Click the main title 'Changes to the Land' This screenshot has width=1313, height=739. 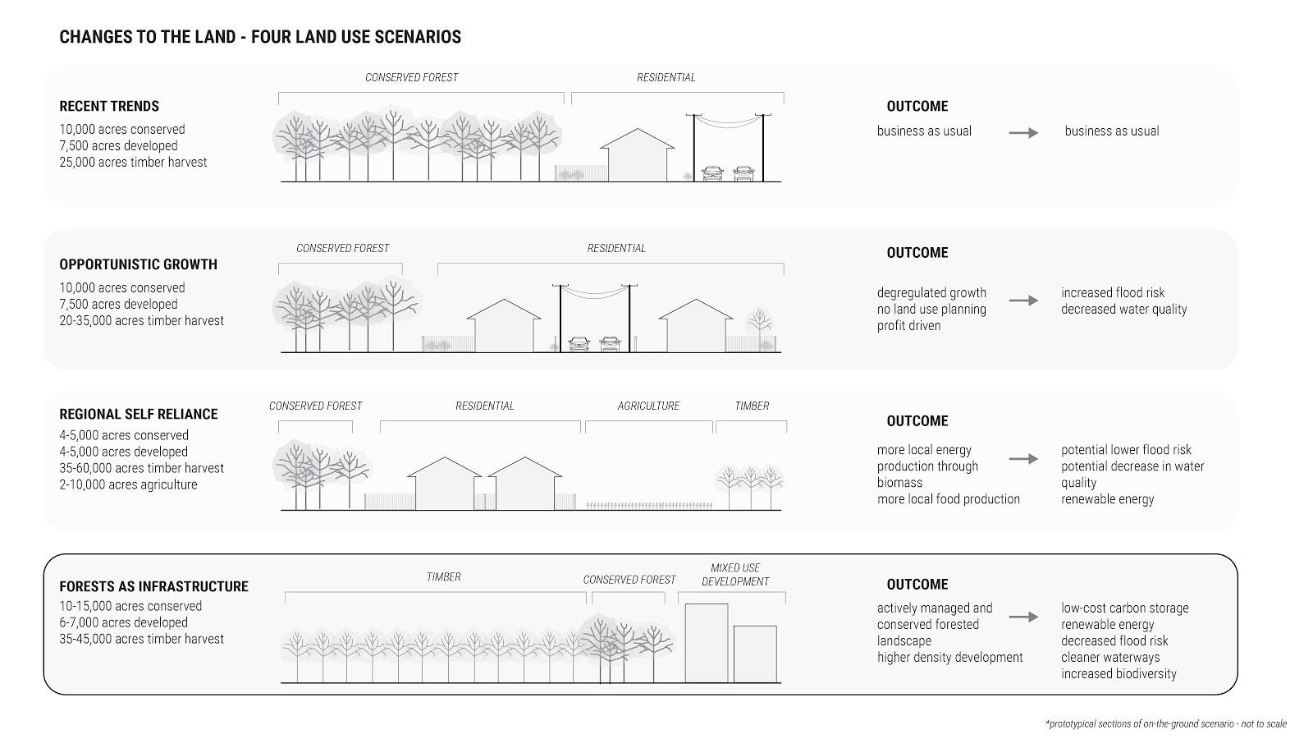coord(260,37)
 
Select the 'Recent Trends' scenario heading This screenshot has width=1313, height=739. coord(109,106)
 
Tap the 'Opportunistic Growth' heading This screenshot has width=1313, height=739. coord(138,264)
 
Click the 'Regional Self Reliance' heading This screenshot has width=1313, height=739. coord(138,414)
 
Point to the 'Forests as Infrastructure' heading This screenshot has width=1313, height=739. coord(153,586)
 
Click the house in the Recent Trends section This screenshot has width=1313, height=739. coord(638,156)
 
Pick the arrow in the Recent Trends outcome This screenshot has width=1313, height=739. coord(1023,132)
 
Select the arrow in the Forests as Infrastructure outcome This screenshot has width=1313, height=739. coord(1023,617)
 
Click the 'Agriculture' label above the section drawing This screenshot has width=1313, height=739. coord(648,406)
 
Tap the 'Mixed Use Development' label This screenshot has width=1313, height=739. coord(735,575)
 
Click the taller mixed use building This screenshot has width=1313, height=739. coord(707,643)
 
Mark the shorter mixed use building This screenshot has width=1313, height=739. coord(755,654)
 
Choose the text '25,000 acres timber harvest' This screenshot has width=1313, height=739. coord(133,163)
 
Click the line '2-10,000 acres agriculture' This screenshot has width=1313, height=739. coord(128,484)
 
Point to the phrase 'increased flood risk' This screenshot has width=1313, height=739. coord(1113,293)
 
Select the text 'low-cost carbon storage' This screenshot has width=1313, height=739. coord(1124,608)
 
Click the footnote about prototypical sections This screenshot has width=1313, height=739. coord(1166,724)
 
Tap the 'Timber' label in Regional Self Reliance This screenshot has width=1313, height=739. coord(752,406)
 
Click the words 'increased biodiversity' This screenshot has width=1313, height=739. coord(1119,674)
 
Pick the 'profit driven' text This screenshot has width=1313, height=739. coord(908,326)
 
